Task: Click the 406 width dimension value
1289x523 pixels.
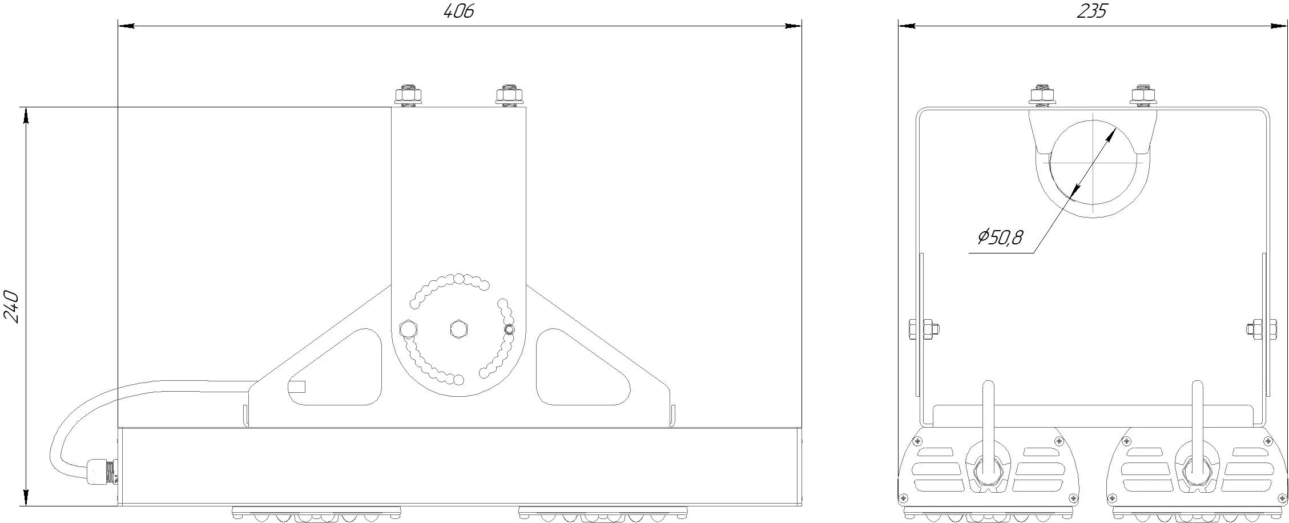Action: tap(459, 11)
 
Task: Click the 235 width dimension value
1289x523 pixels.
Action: tap(1091, 11)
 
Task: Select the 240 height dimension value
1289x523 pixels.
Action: tap(11, 307)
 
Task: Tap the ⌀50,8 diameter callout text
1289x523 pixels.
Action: tap(1000, 237)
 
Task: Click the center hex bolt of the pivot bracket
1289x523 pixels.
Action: tap(458, 329)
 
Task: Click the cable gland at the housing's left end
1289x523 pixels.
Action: tap(103, 472)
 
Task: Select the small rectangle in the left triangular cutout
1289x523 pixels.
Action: tap(297, 387)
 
